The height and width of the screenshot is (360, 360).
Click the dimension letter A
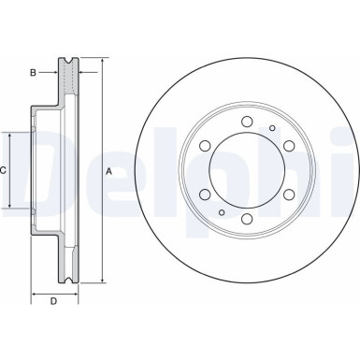tap(109, 171)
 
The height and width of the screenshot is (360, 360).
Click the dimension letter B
tap(33, 71)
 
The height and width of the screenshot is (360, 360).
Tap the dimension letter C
tap(5, 170)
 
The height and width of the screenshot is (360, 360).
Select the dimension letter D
tap(53, 301)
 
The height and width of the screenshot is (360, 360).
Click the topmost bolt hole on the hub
tap(247, 121)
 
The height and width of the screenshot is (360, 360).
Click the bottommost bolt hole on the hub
tap(247, 221)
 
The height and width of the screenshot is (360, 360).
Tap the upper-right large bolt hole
tap(290, 146)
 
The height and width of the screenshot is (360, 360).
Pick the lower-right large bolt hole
tap(290, 195)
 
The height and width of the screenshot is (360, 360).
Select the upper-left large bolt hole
tap(204, 146)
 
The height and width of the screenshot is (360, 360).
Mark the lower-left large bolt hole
tap(204, 195)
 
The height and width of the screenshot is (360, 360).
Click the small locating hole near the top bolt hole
tap(272, 127)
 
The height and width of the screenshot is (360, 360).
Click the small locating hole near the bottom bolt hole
tap(222, 213)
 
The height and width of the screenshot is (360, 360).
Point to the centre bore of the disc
tap(247, 170)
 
